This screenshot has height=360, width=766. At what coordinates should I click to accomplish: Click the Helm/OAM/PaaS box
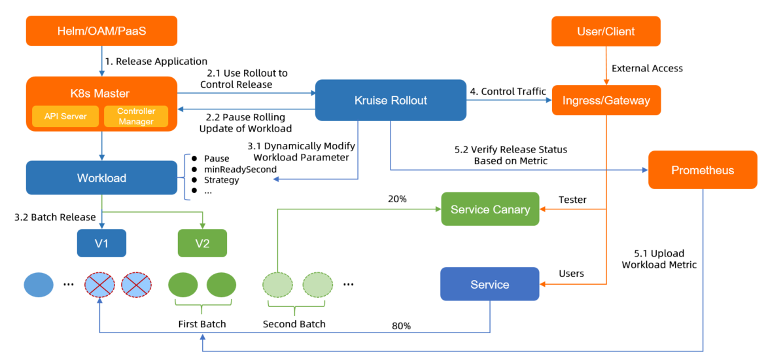[101, 31]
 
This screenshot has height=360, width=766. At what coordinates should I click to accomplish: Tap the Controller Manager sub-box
[136, 117]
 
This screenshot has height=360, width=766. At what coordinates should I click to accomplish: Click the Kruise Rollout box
[391, 100]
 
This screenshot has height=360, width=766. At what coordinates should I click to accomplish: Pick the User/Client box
[606, 31]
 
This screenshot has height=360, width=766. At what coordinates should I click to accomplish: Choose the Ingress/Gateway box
[606, 100]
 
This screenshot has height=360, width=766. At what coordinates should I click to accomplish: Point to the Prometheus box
[703, 170]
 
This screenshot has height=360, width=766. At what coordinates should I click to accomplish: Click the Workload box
[101, 178]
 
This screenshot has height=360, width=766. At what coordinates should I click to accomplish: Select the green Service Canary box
[490, 209]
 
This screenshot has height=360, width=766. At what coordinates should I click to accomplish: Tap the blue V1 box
[101, 243]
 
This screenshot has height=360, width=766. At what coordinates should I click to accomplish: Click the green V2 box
[202, 243]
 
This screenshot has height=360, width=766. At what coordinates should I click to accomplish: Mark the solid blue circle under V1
[38, 285]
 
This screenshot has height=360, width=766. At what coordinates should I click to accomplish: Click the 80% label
[401, 325]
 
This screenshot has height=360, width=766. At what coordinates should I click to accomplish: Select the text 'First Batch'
[202, 324]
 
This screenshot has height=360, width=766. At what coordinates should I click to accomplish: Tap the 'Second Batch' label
[294, 324]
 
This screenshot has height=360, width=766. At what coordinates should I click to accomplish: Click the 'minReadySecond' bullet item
[240, 169]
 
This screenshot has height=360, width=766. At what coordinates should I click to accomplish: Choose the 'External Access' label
[647, 68]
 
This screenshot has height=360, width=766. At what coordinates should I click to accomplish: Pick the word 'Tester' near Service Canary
[572, 200]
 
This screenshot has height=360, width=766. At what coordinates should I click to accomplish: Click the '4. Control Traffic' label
[508, 92]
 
